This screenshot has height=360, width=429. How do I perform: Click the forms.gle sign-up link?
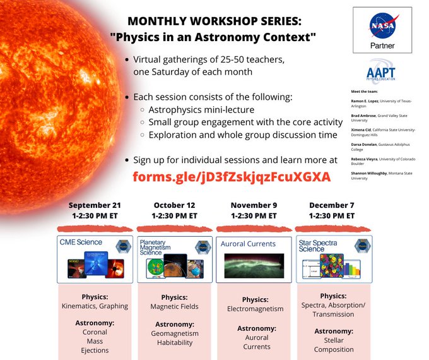[x=232, y=177]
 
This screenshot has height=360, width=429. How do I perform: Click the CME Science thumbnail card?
[x=95, y=258]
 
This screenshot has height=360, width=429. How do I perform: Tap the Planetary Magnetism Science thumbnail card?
[x=174, y=258]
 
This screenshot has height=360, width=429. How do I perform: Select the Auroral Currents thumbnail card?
[x=254, y=258]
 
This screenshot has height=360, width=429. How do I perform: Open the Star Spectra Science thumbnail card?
[x=334, y=258]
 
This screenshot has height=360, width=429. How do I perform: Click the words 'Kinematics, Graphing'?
[x=95, y=306]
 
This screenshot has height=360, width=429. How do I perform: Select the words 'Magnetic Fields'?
[x=174, y=306]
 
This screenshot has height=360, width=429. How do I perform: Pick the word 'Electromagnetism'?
[x=254, y=309]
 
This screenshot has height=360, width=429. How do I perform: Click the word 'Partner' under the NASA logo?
[x=382, y=47]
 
